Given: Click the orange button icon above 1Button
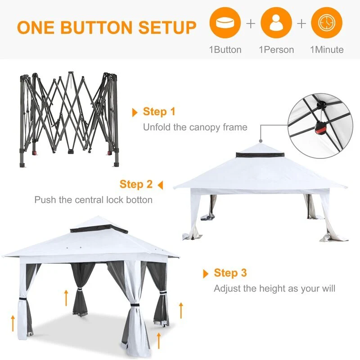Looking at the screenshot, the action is [x=225, y=22].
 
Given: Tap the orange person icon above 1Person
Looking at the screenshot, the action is [x=276, y=22].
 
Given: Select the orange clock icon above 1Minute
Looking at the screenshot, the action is [x=327, y=22].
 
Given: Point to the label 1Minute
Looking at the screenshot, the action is [x=327, y=50].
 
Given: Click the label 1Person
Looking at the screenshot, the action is [x=276, y=50].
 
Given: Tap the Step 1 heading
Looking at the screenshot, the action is [x=159, y=112].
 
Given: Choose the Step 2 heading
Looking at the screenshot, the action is [x=136, y=184].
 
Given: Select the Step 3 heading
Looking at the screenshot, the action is [x=230, y=273].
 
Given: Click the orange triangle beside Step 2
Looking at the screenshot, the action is [x=160, y=185].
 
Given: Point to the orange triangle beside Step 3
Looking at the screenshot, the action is [x=206, y=274].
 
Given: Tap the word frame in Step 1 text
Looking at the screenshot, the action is [x=235, y=127].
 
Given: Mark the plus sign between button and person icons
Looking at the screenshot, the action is [x=251, y=24].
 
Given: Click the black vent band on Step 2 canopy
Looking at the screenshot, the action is [x=260, y=155].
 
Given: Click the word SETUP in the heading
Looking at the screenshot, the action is [x=167, y=27].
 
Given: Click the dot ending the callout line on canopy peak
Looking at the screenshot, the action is [x=261, y=141].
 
